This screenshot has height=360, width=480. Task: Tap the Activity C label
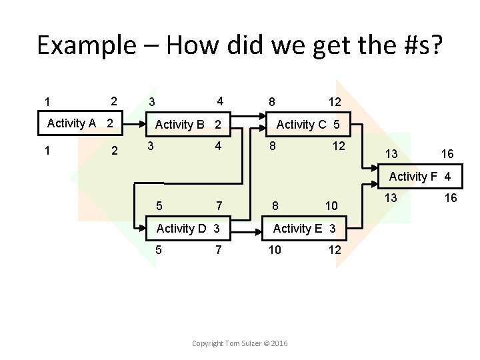tap(302, 125)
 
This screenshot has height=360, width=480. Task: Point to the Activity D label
tap(181, 229)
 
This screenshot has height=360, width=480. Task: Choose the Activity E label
tap(297, 229)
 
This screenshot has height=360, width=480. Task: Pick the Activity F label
tap(413, 177)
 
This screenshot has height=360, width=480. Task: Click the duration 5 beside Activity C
tap(337, 125)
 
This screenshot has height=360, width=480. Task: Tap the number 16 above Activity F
tap(447, 154)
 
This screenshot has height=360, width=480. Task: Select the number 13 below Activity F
tap(393, 198)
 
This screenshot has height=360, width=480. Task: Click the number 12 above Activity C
tap(335, 102)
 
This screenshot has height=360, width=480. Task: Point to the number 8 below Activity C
tap(272, 146)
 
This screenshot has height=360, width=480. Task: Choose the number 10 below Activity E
tap(275, 249)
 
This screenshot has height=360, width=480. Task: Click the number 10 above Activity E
tap(331, 205)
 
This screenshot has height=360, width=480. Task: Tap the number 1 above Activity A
tap(47, 102)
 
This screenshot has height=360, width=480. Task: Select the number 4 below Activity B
tap(218, 146)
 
